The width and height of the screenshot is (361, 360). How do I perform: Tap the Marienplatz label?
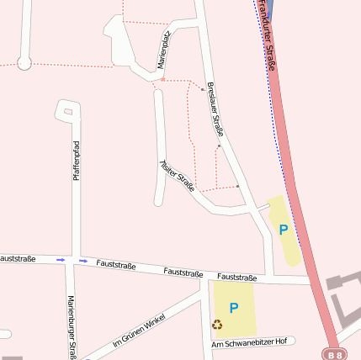pyautogui.click(x=165, y=50)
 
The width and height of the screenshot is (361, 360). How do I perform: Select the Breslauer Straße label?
pyautogui.click(x=215, y=109)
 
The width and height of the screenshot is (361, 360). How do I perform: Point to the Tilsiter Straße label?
pyautogui.click(x=178, y=175)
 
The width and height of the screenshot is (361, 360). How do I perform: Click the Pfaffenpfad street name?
pyautogui.click(x=76, y=161)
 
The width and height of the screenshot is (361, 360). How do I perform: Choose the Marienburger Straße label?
pyautogui.click(x=72, y=328)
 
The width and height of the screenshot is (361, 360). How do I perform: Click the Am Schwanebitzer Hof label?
pyautogui.click(x=250, y=342)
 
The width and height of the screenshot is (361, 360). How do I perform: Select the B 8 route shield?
pyautogui.click(x=334, y=355)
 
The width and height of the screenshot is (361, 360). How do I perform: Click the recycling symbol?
pyautogui.click(x=217, y=324)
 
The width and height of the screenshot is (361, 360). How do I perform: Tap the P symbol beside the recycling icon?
pyautogui.click(x=234, y=309)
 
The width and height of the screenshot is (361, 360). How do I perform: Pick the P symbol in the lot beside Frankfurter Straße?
pyautogui.click(x=284, y=229)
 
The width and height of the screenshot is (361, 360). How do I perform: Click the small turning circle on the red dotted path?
pyautogui.click(x=24, y=62)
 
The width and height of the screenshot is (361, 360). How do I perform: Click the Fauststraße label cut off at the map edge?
pyautogui.click(x=18, y=258)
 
